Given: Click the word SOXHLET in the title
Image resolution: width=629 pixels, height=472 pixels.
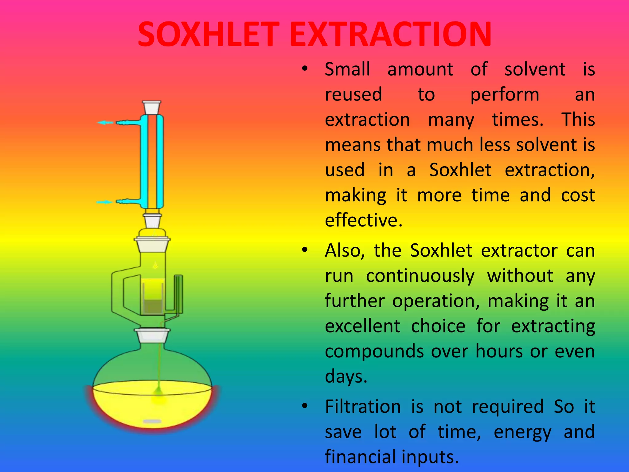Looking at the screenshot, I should (208, 34).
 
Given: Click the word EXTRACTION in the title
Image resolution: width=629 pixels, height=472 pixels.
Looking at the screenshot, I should (390, 34).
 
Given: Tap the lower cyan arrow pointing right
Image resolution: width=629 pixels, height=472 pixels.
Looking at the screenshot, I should (104, 202).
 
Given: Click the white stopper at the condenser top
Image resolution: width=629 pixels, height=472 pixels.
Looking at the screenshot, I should (152, 108).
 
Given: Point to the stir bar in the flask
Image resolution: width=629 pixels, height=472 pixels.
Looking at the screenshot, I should (152, 421).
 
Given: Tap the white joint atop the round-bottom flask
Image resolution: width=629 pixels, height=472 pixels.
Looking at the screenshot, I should (152, 336).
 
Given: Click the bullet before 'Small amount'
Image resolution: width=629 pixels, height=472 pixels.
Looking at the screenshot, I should (304, 69).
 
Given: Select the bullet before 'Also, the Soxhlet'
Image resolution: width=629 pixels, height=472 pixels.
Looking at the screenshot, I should (304, 250).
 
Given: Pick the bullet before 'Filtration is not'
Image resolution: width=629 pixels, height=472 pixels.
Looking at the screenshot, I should (304, 406).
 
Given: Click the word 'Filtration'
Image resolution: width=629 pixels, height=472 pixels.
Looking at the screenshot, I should (363, 407).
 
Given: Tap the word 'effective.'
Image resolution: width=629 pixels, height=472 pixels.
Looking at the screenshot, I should (363, 220).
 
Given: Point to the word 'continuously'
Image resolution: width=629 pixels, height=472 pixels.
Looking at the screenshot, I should (420, 276).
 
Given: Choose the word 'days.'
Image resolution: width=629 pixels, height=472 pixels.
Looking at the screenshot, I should (346, 376).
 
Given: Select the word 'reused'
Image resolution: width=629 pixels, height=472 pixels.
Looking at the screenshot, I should (354, 94).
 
